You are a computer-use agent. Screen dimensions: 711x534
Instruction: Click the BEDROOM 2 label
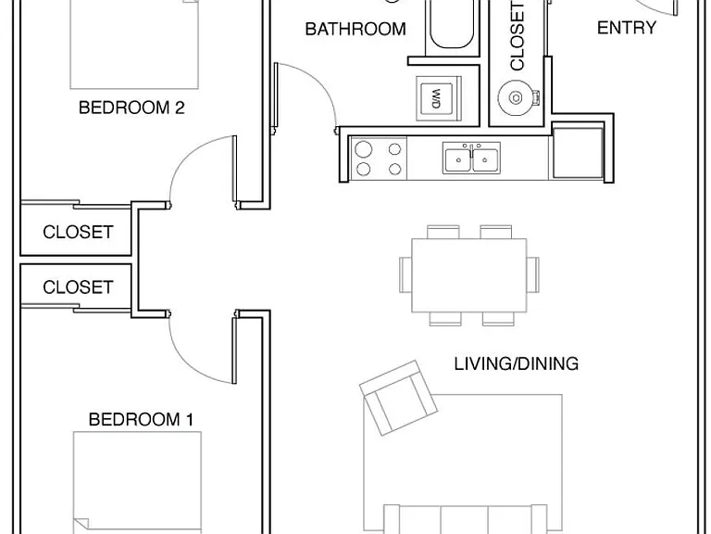click(x=131, y=108)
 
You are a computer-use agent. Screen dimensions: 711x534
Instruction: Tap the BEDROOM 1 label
click(x=141, y=419)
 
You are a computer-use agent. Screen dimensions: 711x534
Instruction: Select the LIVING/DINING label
click(x=516, y=363)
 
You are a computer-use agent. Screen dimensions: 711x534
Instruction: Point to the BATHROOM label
click(x=355, y=29)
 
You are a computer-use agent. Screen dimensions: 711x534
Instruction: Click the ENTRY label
click(x=626, y=28)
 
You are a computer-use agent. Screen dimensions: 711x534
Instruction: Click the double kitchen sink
click(x=471, y=159)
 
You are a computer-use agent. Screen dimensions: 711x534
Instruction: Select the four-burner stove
click(x=379, y=159)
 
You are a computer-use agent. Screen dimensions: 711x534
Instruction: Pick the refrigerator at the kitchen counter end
click(x=578, y=153)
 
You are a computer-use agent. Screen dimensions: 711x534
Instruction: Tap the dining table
click(x=469, y=275)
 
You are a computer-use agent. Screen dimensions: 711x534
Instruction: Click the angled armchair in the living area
click(x=398, y=398)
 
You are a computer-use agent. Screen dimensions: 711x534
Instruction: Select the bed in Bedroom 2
click(x=134, y=44)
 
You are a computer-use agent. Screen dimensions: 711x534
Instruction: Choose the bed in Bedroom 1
click(x=137, y=483)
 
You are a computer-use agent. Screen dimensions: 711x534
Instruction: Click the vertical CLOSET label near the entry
click(x=517, y=35)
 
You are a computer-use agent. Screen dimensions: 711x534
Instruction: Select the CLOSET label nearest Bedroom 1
click(x=78, y=287)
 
